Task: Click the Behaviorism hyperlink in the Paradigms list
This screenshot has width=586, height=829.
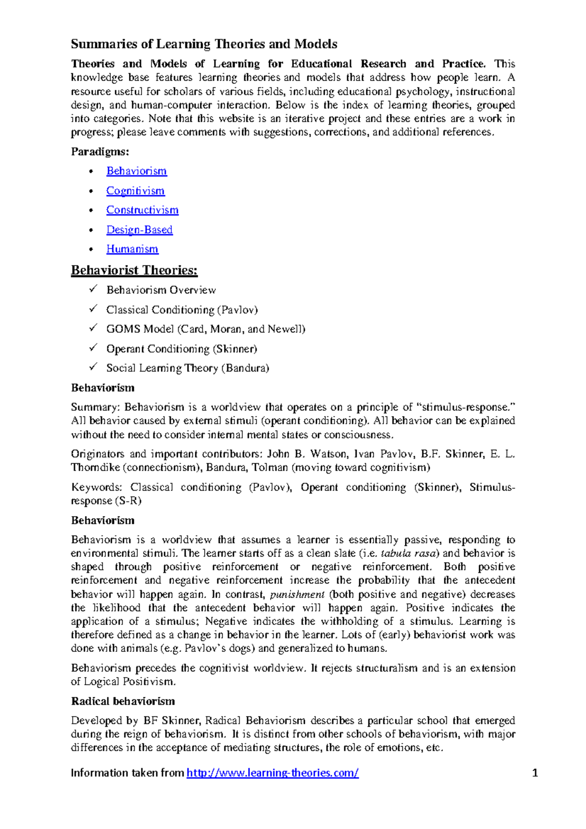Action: click(136, 171)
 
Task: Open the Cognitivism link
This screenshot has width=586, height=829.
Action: click(135, 191)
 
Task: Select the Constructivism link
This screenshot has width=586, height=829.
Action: click(142, 210)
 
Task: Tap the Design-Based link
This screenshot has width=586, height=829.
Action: click(139, 230)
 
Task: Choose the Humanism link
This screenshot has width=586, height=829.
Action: click(132, 249)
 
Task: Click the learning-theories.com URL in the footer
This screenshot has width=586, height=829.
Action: click(272, 773)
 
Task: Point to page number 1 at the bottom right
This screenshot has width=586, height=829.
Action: click(535, 773)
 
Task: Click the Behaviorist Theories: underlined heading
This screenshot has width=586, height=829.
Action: click(134, 270)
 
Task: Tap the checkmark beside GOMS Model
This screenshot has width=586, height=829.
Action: click(93, 328)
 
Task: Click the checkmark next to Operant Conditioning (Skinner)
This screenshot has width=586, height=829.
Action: click(93, 348)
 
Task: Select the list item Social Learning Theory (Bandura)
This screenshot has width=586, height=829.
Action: click(188, 368)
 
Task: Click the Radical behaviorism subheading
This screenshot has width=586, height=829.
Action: click(123, 702)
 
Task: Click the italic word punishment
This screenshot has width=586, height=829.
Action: click(297, 595)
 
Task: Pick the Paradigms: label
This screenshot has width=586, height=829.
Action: click(100, 152)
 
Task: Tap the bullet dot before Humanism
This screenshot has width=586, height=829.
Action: click(91, 249)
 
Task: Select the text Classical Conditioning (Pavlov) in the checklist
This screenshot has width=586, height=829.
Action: click(182, 310)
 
